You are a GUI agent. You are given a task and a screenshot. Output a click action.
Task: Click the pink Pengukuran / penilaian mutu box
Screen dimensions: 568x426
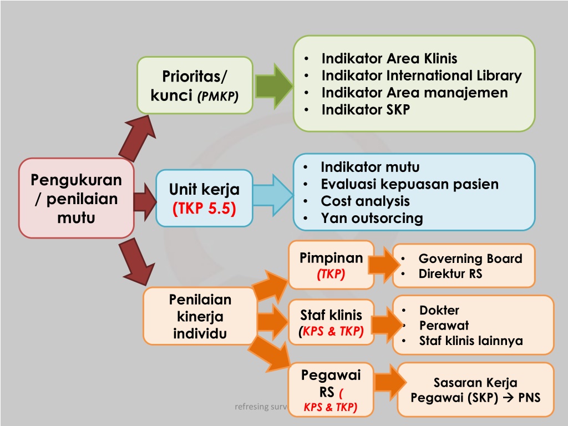pos(77,198)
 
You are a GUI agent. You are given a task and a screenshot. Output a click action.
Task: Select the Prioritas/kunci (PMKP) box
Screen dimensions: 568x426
pos(195,85)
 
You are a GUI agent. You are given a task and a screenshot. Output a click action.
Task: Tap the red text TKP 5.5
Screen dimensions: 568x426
pos(204,209)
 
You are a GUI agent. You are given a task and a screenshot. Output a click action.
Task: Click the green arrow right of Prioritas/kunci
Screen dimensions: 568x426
pos(274,86)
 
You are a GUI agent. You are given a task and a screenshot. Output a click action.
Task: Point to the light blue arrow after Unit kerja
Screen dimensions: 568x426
pos(273,196)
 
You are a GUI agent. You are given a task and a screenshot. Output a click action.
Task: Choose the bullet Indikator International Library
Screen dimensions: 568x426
pos(422,75)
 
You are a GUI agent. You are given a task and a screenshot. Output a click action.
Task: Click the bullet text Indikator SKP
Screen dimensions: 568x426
pos(366,110)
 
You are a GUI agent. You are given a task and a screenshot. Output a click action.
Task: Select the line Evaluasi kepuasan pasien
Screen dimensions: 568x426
pos(410,184)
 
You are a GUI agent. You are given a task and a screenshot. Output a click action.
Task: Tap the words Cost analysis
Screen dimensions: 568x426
pos(365,201)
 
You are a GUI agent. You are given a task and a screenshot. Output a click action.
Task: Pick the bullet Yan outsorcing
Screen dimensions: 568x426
pos(372,218)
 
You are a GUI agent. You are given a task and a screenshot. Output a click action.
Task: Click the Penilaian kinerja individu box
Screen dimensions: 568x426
pos(200,316)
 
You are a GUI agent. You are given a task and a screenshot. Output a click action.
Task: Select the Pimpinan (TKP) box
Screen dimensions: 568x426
pos(331,265)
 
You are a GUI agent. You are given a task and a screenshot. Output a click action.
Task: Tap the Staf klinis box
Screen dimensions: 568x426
pos(331,322)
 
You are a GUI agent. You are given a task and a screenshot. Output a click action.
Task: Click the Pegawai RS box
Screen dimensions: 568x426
pos(331,390)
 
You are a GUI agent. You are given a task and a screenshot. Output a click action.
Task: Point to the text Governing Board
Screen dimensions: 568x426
pos(470,258)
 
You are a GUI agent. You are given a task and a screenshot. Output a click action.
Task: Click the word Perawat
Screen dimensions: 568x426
pos(444,326)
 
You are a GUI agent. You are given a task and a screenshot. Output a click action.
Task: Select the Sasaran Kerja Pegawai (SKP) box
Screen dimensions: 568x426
pos(475,390)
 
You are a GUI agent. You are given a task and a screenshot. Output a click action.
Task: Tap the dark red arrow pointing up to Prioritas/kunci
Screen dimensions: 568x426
pos(138,138)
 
